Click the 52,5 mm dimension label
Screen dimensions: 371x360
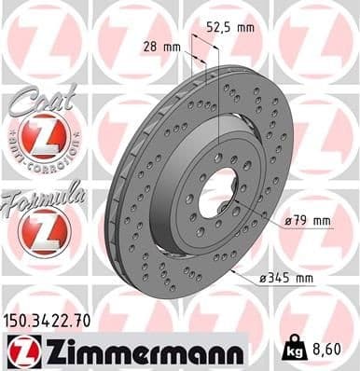coord(232,29)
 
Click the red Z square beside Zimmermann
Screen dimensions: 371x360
coord(21,350)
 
